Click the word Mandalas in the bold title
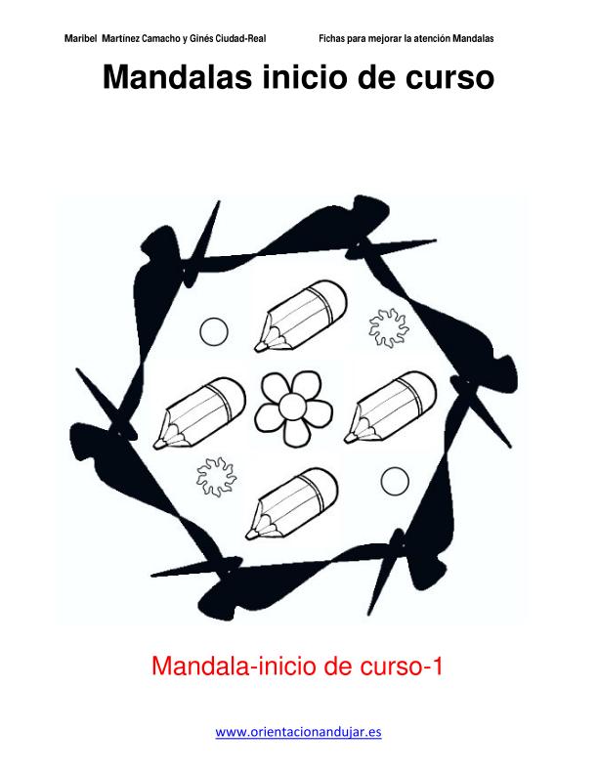tap(177, 77)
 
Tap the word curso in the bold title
tap(449, 77)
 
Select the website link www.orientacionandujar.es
tap(298, 732)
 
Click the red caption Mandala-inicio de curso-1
tap(296, 666)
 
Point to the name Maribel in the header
tap(80, 38)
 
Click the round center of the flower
tap(292, 406)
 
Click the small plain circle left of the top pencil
tap(214, 331)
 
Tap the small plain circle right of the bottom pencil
tap(395, 481)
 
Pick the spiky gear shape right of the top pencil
tap(389, 327)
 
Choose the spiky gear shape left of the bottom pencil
tap(216, 477)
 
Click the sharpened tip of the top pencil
tap(257, 349)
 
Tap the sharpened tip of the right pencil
tap(347, 440)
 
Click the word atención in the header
tap(432, 38)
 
